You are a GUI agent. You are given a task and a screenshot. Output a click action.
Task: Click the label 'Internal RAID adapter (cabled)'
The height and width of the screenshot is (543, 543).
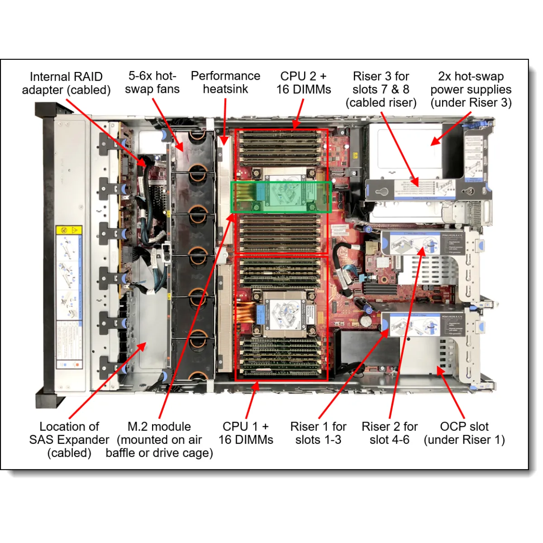(x=66, y=83)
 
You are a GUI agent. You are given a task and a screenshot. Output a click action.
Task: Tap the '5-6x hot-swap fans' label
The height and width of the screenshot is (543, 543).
(x=152, y=82)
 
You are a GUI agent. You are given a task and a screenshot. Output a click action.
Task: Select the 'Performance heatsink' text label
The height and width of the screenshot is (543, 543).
(x=225, y=82)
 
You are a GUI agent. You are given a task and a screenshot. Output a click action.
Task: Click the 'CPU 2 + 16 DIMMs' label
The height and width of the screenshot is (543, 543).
(x=304, y=82)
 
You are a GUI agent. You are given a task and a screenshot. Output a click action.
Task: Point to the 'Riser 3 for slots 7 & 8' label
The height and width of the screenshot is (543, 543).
(x=381, y=89)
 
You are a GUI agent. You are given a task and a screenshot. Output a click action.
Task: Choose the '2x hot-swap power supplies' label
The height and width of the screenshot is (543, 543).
(x=471, y=89)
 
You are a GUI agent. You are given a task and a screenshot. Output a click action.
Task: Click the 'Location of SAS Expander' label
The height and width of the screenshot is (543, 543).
(x=69, y=439)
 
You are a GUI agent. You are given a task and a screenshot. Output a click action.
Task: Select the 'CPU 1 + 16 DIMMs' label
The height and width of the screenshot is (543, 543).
(x=246, y=433)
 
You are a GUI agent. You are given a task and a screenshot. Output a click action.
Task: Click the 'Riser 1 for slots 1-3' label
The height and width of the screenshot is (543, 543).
(x=319, y=433)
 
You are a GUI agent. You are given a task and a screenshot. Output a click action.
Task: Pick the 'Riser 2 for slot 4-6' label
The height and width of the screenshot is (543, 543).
(x=390, y=433)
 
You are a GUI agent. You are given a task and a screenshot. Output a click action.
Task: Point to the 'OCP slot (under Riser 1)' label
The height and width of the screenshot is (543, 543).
(x=464, y=433)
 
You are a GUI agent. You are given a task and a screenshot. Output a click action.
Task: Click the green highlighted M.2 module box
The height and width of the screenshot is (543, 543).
(x=281, y=197)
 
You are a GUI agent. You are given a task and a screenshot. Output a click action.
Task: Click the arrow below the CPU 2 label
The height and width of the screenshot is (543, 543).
(x=298, y=114)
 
